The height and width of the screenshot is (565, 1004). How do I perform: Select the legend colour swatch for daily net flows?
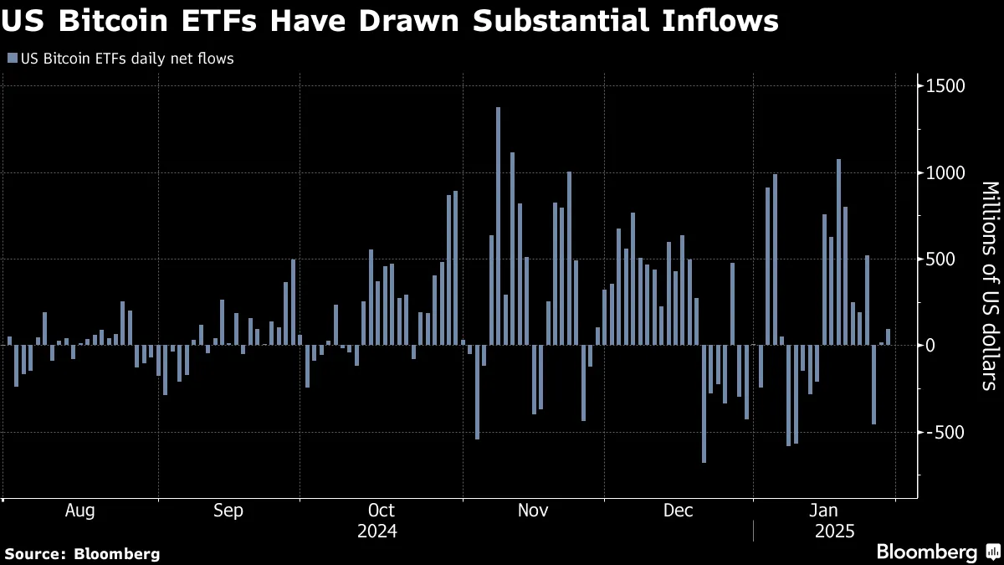[x=10, y=59]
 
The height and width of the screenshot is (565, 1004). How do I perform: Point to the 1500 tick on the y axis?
[x=945, y=86]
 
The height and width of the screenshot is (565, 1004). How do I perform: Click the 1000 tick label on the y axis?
[x=945, y=172]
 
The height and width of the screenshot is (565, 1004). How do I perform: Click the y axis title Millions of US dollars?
[x=988, y=285]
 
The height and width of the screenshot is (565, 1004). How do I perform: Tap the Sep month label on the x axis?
[x=228, y=511]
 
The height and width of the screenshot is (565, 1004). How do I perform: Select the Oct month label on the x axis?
[x=381, y=511]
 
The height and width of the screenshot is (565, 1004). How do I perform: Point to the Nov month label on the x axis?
[x=533, y=511]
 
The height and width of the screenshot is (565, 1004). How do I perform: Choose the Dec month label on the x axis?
[x=679, y=511]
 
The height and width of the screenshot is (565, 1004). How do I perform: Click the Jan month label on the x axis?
[x=825, y=511]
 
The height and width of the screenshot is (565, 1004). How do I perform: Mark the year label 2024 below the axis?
[x=376, y=532]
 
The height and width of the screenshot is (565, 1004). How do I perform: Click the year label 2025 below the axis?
[x=835, y=532]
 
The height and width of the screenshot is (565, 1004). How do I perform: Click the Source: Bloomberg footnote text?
[x=82, y=553]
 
